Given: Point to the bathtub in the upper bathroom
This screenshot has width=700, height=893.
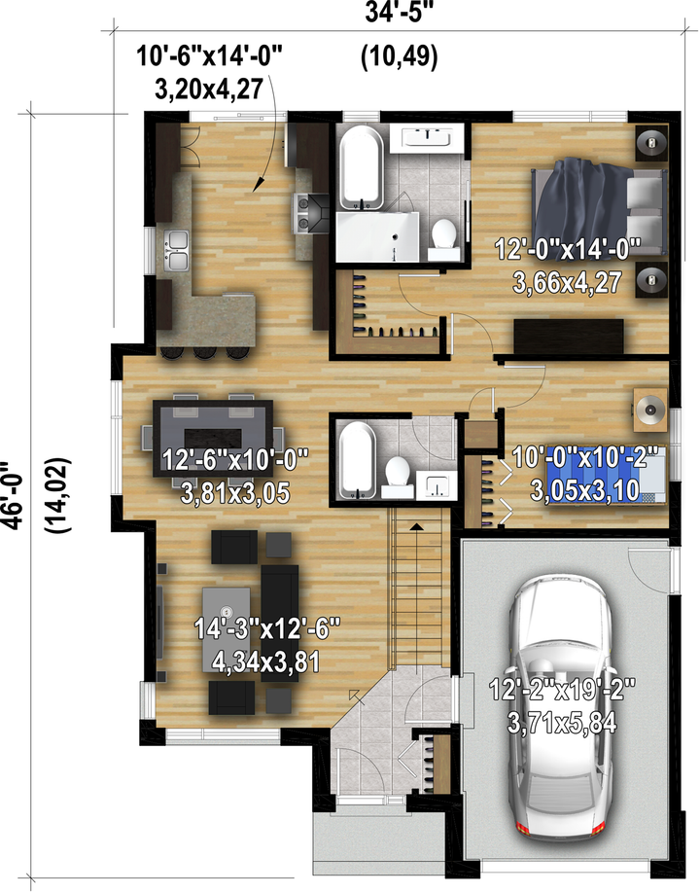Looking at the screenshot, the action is click(x=361, y=168).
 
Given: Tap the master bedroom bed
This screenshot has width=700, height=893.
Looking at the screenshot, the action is click(x=599, y=210).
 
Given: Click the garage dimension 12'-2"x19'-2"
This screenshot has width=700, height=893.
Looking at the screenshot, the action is click(x=562, y=690).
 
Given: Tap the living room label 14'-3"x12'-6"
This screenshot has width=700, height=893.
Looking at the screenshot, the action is click(x=267, y=628).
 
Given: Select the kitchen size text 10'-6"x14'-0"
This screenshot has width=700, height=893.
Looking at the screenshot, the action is click(x=209, y=57).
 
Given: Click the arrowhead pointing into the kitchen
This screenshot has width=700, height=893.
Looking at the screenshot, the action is click(x=259, y=182).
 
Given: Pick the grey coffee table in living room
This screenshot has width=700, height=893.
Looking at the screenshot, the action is click(x=226, y=630).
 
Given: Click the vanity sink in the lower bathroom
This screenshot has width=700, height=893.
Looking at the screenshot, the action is click(x=437, y=484).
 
